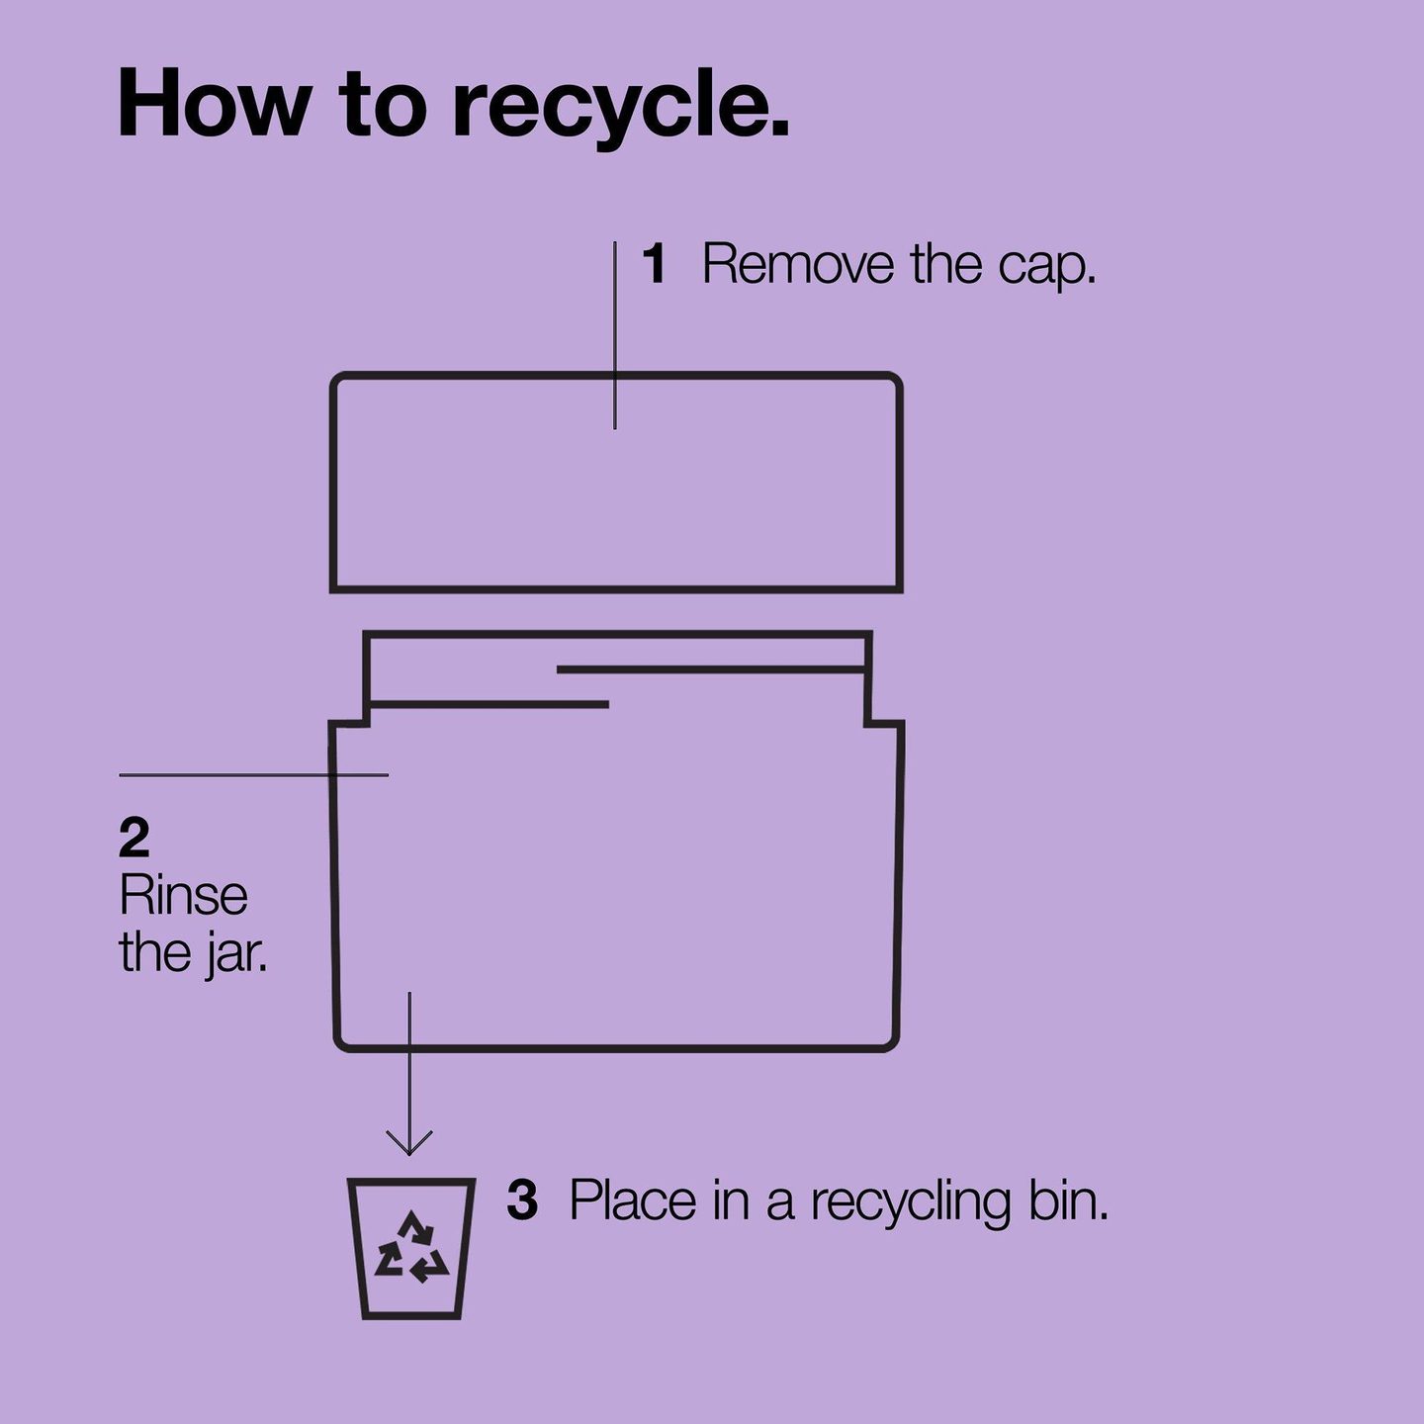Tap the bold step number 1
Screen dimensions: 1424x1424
(656, 263)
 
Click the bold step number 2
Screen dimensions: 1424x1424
(133, 838)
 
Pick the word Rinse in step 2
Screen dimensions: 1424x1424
(183, 896)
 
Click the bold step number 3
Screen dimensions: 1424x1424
(522, 1201)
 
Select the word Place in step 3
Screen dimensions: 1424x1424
(633, 1201)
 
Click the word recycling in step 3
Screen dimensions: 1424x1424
(911, 1204)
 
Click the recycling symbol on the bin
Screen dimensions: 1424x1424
(411, 1247)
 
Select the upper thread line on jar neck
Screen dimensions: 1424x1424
(710, 669)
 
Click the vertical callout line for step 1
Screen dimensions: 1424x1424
(615, 335)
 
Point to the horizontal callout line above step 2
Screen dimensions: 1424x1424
(253, 775)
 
